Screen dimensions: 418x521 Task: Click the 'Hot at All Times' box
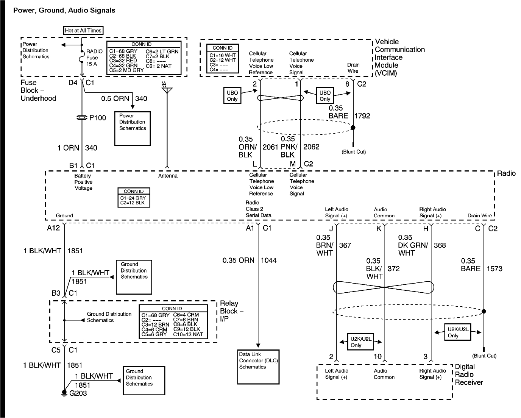pos(83,30)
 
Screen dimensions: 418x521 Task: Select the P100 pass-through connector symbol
pos(82,118)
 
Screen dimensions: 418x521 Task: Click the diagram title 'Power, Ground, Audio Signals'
pos(64,11)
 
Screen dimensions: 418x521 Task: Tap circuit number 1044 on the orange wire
pos(268,260)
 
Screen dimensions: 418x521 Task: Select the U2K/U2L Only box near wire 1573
pos(458,332)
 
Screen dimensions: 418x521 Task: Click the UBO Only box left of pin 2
pos(232,96)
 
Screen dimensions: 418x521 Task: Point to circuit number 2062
pos(311,147)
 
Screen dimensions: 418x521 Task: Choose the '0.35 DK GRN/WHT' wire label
pos(413,245)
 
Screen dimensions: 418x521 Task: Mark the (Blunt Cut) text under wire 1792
pos(354,152)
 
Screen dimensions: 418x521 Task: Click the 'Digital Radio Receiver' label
pos(469,374)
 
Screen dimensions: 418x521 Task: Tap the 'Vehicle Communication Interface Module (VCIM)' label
pos(399,57)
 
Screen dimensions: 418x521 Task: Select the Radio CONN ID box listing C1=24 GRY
pos(134,197)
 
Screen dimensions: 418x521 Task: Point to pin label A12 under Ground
pos(53,228)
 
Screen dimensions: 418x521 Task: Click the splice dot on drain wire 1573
pos(484,311)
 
